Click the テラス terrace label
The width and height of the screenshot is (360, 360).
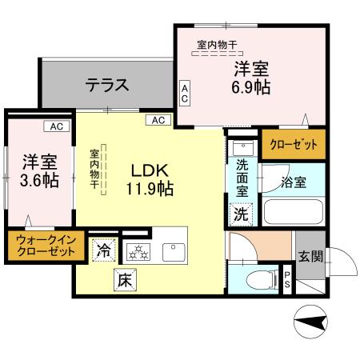click(107, 83)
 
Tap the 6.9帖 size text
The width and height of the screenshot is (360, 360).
click(250, 88)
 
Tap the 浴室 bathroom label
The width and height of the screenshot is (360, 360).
click(293, 182)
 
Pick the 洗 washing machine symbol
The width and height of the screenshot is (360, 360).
click(241, 214)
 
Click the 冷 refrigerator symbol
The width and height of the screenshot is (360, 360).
click(104, 250)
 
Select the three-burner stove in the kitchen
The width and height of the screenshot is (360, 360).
click(138, 250)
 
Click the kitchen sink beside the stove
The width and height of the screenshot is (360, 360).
click(174, 250)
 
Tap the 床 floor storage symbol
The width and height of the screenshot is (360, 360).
click(124, 280)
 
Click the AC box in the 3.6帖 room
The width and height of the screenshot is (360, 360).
click(57, 126)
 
